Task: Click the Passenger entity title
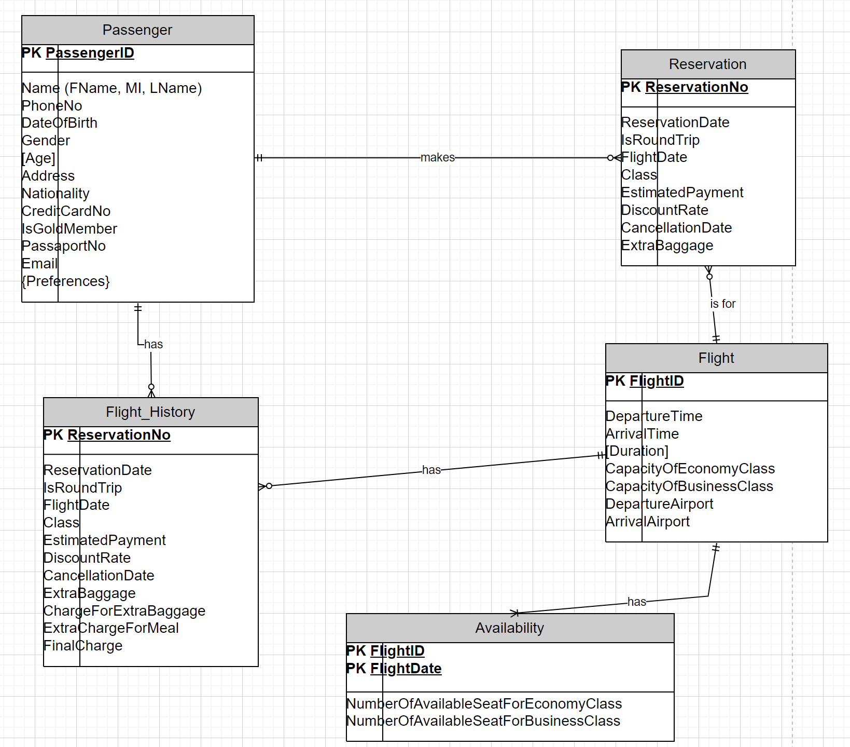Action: [137, 30]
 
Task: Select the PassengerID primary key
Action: [89, 53]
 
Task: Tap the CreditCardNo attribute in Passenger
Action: [66, 211]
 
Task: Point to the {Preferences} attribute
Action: [66, 281]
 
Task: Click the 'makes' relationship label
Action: [438, 157]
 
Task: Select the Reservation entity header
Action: [707, 64]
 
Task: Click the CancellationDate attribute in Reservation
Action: [676, 228]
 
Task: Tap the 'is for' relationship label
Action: [722, 304]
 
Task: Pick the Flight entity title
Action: [716, 358]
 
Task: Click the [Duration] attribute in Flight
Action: [637, 451]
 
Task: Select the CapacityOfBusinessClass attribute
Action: [689, 486]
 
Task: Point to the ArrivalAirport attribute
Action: [648, 522]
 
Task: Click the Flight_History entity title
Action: [150, 412]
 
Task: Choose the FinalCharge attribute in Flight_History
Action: [83, 646]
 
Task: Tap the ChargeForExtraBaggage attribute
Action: [124, 611]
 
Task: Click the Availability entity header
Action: [509, 628]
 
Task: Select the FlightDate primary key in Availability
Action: [406, 669]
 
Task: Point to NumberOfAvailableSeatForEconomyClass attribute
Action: [484, 704]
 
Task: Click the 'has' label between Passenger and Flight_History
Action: [154, 344]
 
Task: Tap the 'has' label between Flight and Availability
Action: [636, 602]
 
